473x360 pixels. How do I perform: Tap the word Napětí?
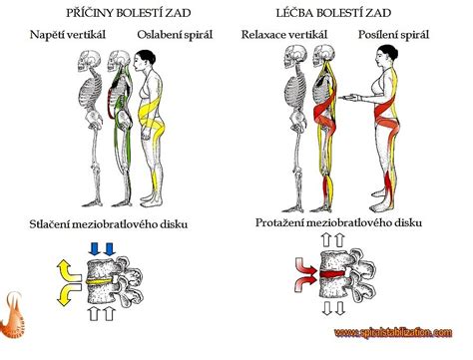point(50,36)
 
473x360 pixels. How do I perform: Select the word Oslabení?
point(158,36)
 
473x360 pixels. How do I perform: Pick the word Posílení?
point(374,36)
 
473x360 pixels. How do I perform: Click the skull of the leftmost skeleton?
point(88,58)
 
